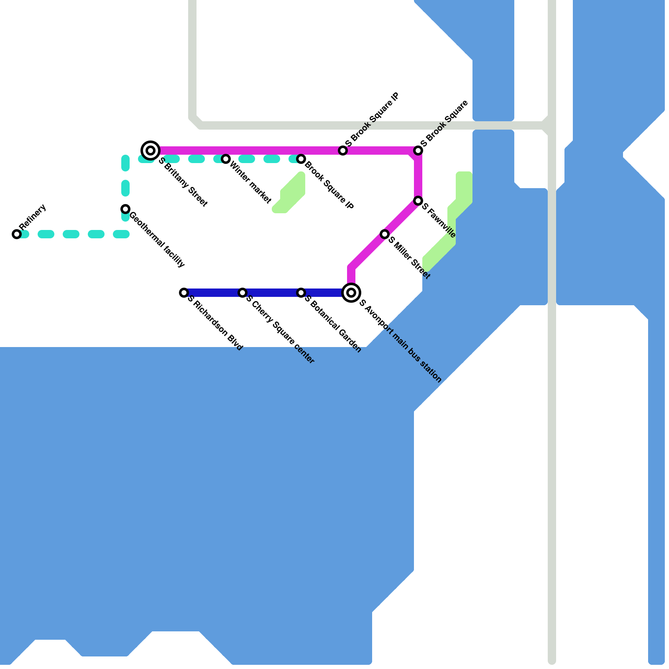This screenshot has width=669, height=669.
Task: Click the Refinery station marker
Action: pyautogui.click(x=17, y=234)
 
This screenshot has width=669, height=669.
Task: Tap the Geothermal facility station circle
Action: pyautogui.click(x=125, y=209)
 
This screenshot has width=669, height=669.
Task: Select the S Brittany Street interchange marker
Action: pyautogui.click(x=151, y=150)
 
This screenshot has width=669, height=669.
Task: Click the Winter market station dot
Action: pyautogui.click(x=226, y=159)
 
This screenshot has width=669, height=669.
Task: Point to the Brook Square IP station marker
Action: pyautogui.click(x=301, y=159)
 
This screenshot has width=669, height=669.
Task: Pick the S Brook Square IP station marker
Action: pyautogui.click(x=343, y=151)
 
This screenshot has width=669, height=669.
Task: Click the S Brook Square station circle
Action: pyautogui.click(x=418, y=151)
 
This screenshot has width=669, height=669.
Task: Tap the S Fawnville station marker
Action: pyautogui.click(x=418, y=201)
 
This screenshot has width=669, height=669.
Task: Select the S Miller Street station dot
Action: pyautogui.click(x=385, y=234)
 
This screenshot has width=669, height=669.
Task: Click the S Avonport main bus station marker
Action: pyautogui.click(x=352, y=292)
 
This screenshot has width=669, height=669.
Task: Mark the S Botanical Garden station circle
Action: pyautogui.click(x=301, y=293)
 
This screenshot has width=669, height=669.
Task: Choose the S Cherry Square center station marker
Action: pyautogui.click(x=243, y=293)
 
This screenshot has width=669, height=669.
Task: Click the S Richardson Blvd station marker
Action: pyautogui.click(x=184, y=293)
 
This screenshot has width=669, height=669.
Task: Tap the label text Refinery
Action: pyautogui.click(x=33, y=217)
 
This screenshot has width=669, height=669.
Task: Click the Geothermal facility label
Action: pyautogui.click(x=157, y=240)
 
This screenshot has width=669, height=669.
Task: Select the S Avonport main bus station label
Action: pyautogui.click(x=400, y=341)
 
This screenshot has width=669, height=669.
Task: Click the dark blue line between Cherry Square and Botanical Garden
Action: pyautogui.click(x=272, y=293)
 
